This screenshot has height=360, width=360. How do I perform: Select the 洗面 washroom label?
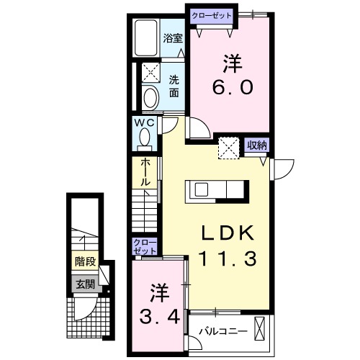175,86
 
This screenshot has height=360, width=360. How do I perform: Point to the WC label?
146,123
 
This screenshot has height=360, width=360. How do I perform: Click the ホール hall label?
145,173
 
